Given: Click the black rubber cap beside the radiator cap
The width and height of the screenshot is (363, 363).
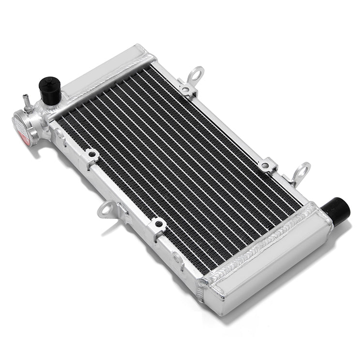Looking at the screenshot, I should [x=49, y=90].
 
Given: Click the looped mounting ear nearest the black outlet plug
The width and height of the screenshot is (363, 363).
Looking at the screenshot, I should [x=301, y=172].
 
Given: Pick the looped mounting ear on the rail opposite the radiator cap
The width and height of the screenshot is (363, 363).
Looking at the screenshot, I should [x=196, y=75].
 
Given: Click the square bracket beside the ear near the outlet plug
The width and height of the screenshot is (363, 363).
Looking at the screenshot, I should [x=267, y=166].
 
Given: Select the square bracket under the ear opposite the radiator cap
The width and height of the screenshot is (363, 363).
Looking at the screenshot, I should [x=186, y=89].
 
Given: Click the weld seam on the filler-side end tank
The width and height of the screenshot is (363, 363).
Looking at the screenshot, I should [x=104, y=79].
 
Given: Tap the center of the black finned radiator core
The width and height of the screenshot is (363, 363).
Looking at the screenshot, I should [x=179, y=165].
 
